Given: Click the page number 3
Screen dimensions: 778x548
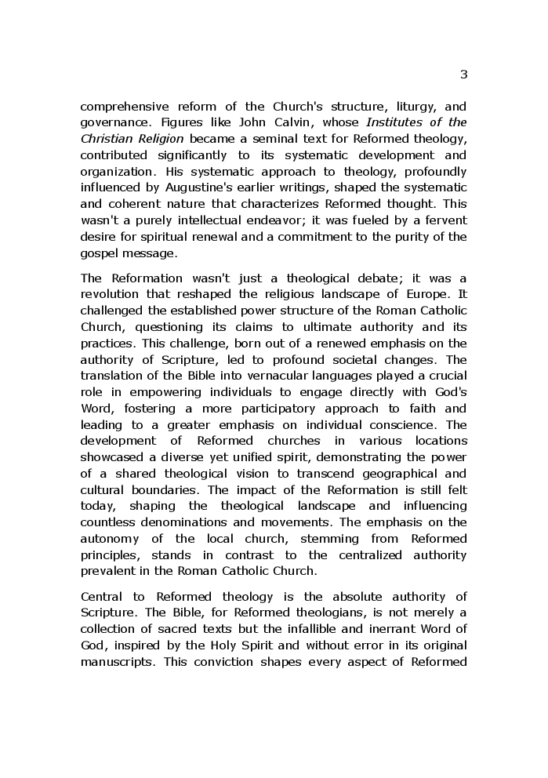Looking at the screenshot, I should [x=463, y=75].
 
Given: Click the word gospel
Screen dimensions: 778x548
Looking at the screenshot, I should [x=98, y=253].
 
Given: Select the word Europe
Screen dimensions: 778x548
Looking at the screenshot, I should [x=431, y=294].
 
